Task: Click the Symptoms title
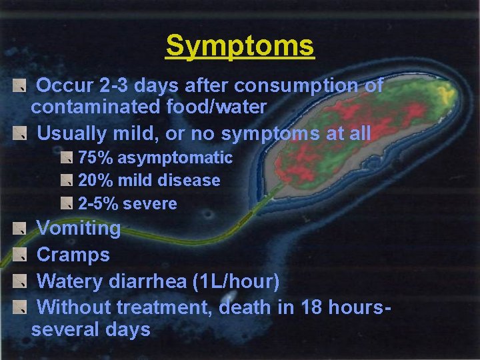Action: pos(239,46)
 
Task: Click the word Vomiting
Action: pos(78,229)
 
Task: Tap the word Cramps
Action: pos(73,255)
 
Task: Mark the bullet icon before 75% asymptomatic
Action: pos(67,158)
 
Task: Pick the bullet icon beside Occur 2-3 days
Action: pos(23,85)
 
